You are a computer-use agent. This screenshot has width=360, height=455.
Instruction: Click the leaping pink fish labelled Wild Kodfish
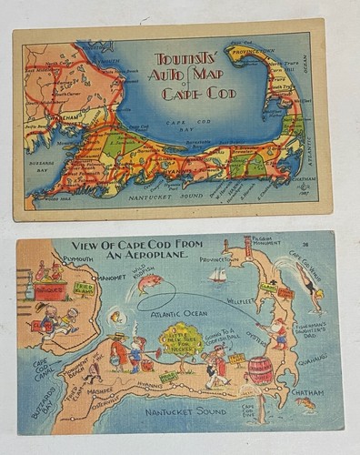[x=150, y=286]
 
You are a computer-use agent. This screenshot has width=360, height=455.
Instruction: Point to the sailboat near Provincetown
[x=217, y=274]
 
